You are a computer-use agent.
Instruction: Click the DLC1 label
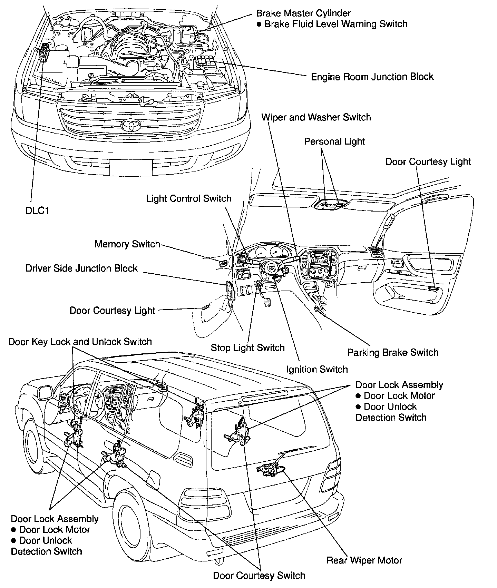pos(37,210)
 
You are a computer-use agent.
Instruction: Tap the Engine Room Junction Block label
pos(372,77)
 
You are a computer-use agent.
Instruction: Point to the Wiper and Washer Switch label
pos(316,117)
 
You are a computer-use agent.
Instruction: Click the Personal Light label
pos(334,141)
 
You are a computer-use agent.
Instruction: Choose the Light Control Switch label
pos(188,199)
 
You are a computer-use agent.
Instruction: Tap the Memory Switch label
pos(127,244)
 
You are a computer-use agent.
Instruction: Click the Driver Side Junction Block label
pos(81,268)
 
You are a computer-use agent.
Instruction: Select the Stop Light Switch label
pos(247,347)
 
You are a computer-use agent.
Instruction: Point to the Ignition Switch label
pos(317,370)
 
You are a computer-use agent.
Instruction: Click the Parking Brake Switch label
pos(393,353)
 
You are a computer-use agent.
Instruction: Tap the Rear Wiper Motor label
pos(364,560)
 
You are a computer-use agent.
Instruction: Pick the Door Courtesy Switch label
pos(259,576)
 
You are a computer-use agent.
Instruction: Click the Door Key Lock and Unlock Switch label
pos(80,342)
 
